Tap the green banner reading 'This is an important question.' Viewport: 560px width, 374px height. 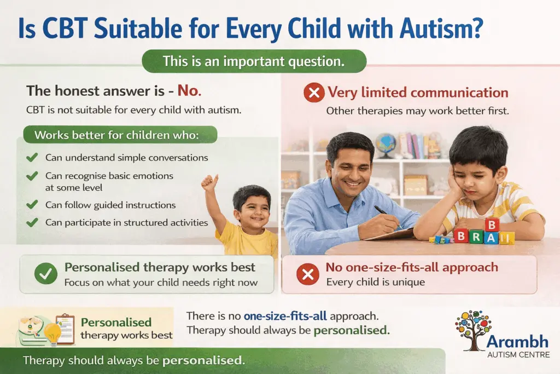point(254,61)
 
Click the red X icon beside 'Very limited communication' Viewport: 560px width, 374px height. point(313,93)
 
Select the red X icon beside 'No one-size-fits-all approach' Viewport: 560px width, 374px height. point(308,274)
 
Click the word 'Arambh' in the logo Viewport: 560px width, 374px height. point(517,342)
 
